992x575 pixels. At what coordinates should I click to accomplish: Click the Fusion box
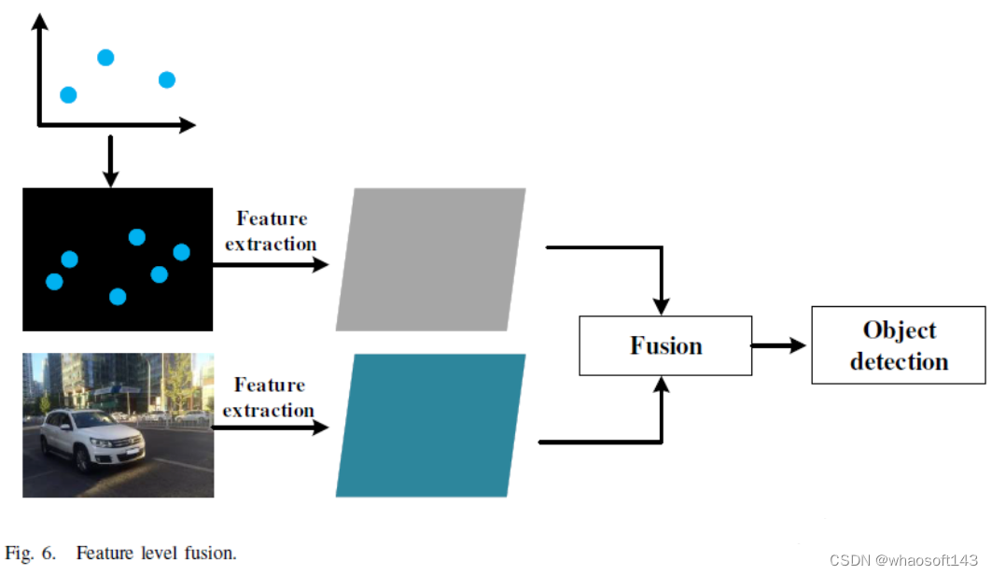click(665, 346)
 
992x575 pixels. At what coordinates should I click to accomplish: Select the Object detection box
click(899, 345)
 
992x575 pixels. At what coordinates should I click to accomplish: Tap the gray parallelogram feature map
click(430, 259)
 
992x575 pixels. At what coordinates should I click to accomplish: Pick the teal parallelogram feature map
click(430, 425)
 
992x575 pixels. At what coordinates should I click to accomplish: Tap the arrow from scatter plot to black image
click(110, 161)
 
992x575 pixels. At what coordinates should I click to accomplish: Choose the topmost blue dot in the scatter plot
click(105, 58)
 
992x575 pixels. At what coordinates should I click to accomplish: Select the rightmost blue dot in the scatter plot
click(167, 80)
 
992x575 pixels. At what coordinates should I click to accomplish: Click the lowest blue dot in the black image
click(118, 297)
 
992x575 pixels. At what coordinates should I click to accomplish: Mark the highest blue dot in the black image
click(137, 237)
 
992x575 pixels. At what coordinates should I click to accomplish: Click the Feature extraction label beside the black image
click(271, 231)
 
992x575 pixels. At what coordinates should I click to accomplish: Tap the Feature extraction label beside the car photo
click(269, 397)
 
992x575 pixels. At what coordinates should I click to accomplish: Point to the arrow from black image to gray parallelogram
click(271, 264)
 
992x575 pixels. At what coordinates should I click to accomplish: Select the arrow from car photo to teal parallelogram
click(271, 428)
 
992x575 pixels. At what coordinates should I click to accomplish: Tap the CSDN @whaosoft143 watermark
click(903, 560)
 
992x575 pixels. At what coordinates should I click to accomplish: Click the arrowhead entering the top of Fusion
click(662, 306)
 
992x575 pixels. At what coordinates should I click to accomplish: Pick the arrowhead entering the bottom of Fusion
click(662, 385)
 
